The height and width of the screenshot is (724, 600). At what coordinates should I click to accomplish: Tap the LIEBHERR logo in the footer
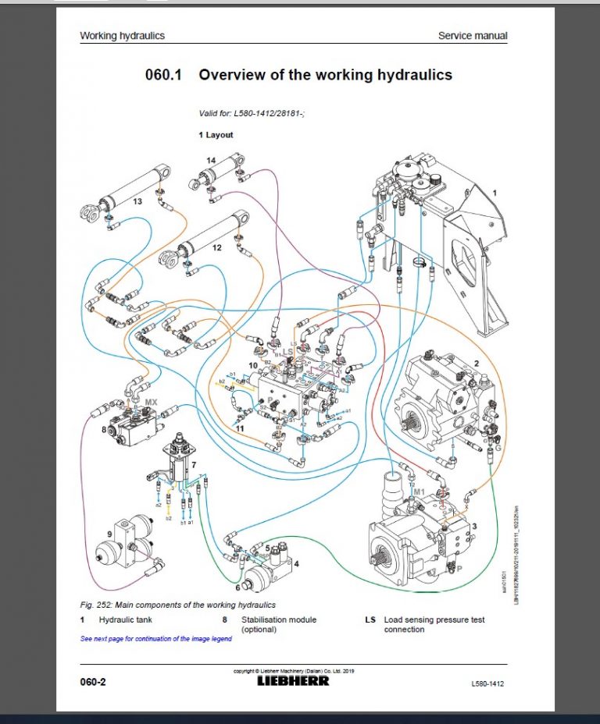click(x=293, y=680)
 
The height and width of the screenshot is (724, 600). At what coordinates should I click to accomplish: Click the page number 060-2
click(x=93, y=682)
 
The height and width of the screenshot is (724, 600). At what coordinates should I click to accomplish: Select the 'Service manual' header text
click(x=472, y=36)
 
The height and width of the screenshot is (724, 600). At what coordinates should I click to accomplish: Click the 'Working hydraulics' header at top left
click(x=122, y=36)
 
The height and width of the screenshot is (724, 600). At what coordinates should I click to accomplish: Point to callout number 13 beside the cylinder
click(x=137, y=201)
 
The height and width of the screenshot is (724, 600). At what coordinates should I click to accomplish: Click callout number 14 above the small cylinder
click(x=211, y=160)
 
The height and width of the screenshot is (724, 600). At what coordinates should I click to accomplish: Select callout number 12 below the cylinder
click(x=216, y=247)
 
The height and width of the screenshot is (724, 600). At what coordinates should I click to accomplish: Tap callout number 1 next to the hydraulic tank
click(x=494, y=192)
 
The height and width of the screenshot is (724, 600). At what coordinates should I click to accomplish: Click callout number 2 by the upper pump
click(x=476, y=364)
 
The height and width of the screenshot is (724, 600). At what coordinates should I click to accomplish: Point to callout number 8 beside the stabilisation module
click(x=103, y=428)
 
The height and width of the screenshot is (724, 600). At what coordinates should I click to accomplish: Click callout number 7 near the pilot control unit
click(x=194, y=464)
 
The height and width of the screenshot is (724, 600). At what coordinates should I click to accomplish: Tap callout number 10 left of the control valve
click(x=252, y=365)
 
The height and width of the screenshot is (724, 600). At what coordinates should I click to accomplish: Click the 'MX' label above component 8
click(x=151, y=403)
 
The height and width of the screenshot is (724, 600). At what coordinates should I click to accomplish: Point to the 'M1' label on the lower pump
click(x=419, y=492)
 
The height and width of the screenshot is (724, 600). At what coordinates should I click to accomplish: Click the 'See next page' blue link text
click(x=156, y=638)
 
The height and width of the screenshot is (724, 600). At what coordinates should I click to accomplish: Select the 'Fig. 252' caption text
click(x=177, y=605)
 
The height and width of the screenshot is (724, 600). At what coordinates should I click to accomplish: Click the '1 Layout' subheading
click(x=216, y=135)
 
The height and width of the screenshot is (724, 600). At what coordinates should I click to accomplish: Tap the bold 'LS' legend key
click(x=370, y=619)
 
